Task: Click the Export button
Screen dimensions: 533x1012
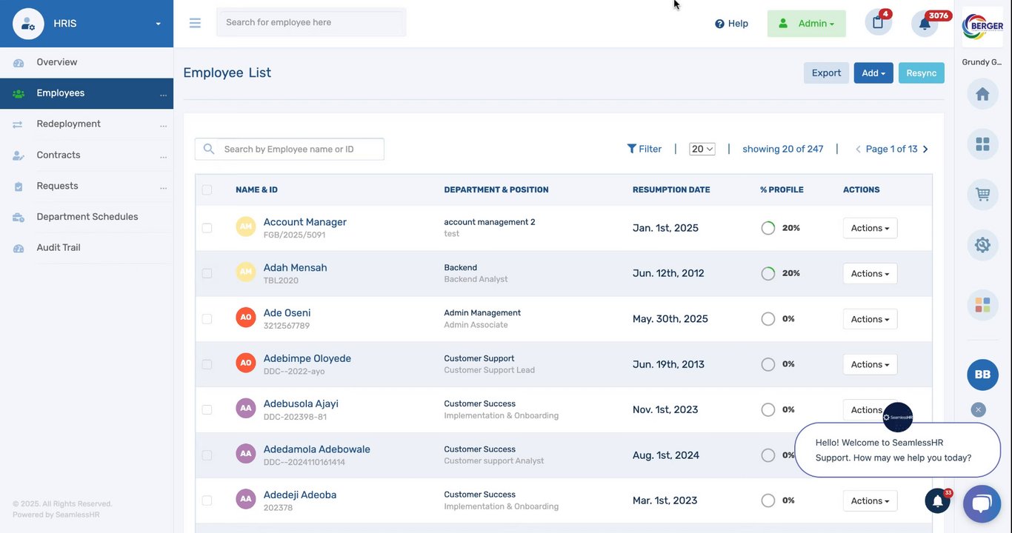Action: pyautogui.click(x=826, y=73)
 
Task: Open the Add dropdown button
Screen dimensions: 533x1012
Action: pyautogui.click(x=873, y=73)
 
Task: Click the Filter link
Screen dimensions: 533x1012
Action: pyautogui.click(x=644, y=149)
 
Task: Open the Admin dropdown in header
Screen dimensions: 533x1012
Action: pyautogui.click(x=806, y=24)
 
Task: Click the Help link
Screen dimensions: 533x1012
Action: pyautogui.click(x=731, y=24)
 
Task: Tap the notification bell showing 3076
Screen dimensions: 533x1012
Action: pyautogui.click(x=925, y=23)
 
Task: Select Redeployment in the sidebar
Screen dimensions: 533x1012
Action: pyautogui.click(x=68, y=124)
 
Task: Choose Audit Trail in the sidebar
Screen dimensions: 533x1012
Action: pyautogui.click(x=59, y=247)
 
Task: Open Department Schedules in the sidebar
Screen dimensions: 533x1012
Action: pyautogui.click(x=87, y=217)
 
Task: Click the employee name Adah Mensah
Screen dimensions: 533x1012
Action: pyautogui.click(x=295, y=267)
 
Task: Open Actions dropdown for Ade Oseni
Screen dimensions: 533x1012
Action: pyautogui.click(x=870, y=319)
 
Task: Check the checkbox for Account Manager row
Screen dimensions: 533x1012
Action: pyautogui.click(x=207, y=228)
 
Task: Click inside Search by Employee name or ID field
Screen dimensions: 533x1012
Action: pyautogui.click(x=296, y=149)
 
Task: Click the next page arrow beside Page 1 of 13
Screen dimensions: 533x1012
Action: pyautogui.click(x=925, y=149)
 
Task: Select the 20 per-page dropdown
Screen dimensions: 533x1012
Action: pyautogui.click(x=702, y=149)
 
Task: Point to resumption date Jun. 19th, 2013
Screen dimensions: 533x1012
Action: pyautogui.click(x=668, y=364)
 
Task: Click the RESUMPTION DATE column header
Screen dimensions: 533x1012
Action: pyautogui.click(x=671, y=190)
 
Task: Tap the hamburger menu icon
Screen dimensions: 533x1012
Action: pyautogui.click(x=195, y=23)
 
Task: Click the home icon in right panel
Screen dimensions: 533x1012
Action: pyautogui.click(x=982, y=94)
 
